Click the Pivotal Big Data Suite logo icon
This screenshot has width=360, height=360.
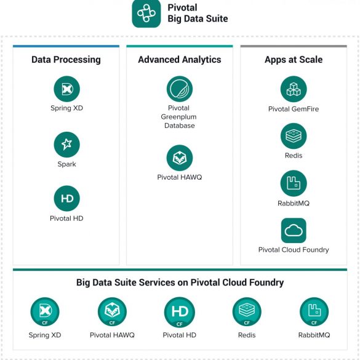click(x=146, y=14)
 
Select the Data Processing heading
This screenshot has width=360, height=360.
click(x=66, y=60)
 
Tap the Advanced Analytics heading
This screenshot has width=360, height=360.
click(x=180, y=60)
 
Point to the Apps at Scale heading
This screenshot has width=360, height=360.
click(x=294, y=60)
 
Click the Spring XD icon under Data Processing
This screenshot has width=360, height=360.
click(x=67, y=89)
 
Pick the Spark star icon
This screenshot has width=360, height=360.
click(x=67, y=145)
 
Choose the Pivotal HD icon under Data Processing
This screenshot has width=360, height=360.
click(x=67, y=198)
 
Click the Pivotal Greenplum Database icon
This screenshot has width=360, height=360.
click(x=180, y=89)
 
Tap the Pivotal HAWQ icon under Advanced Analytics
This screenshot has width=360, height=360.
click(x=180, y=158)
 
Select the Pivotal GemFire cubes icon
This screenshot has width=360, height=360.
click(x=294, y=89)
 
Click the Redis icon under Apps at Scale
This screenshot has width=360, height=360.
click(x=294, y=136)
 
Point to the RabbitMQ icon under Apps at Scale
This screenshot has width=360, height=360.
click(x=294, y=183)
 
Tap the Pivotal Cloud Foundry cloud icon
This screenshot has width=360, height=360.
click(x=294, y=231)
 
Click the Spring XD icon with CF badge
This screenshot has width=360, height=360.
click(x=45, y=312)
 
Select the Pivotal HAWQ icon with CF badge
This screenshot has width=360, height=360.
click(x=112, y=312)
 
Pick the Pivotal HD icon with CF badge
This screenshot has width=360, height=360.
click(x=180, y=312)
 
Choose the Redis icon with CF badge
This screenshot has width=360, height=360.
click(x=247, y=312)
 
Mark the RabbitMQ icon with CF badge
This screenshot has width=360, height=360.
click(x=314, y=312)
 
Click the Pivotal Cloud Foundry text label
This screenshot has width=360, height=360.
click(x=294, y=250)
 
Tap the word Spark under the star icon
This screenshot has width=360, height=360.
click(x=67, y=164)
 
